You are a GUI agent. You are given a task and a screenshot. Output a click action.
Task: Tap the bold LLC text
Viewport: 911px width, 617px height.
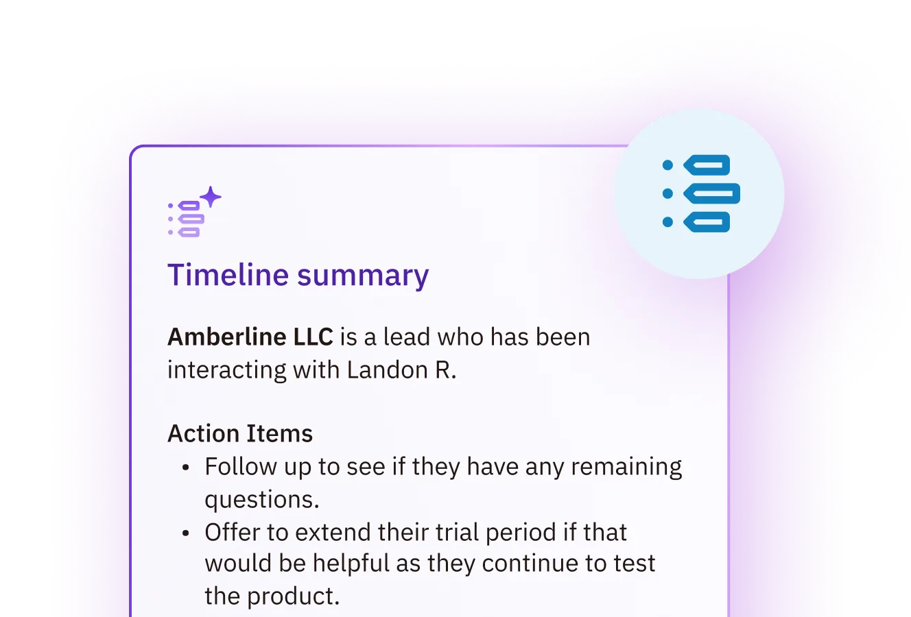pyautogui.click(x=313, y=337)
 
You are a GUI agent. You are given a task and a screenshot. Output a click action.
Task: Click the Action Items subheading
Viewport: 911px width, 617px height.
pyautogui.click(x=240, y=434)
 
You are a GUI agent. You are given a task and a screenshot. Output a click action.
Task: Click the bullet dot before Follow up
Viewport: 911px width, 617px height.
pyautogui.click(x=185, y=468)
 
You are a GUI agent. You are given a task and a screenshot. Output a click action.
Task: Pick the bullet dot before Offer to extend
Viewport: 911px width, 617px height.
pyautogui.click(x=185, y=533)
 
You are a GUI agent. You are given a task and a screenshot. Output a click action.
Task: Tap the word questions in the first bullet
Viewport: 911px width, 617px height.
pyautogui.click(x=261, y=500)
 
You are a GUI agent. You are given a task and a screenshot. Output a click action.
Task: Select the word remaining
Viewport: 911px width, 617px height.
pyautogui.click(x=626, y=467)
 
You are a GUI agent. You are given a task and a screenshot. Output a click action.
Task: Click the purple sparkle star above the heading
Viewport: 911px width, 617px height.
pyautogui.click(x=211, y=197)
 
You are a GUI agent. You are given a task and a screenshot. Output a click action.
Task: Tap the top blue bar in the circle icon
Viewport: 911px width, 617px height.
pyautogui.click(x=706, y=165)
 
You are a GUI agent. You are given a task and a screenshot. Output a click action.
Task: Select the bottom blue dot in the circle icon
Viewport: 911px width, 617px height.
pyautogui.click(x=667, y=221)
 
